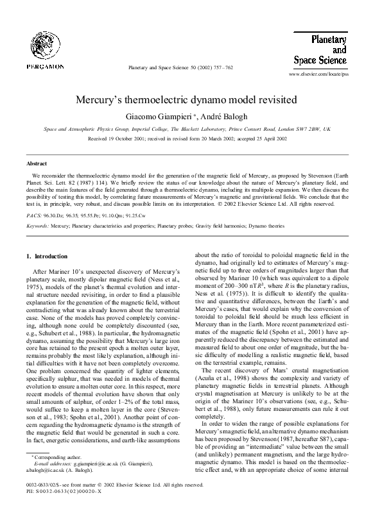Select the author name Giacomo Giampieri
[x=155, y=116]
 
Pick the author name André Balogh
[x=220, y=116]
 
